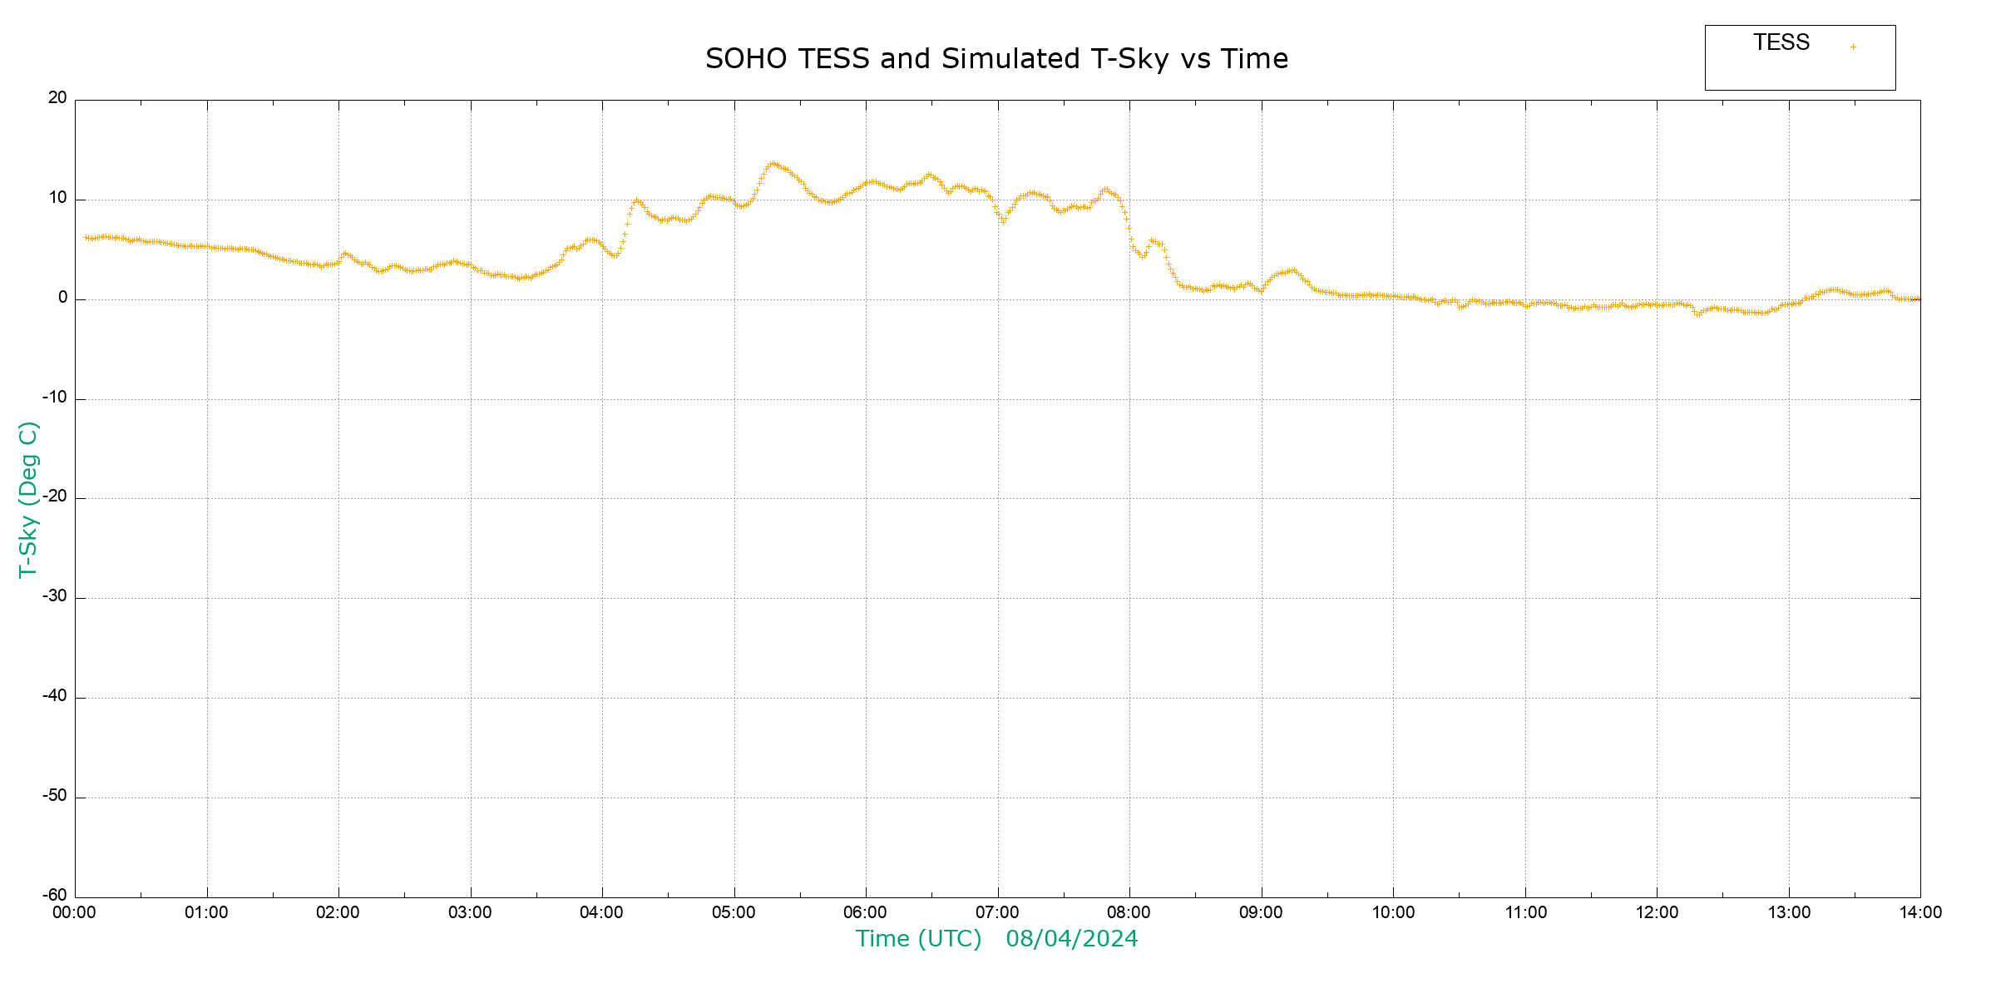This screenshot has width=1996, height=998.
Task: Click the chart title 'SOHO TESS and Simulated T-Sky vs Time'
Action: coord(996,59)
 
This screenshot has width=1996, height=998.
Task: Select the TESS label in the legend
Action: coord(1781,42)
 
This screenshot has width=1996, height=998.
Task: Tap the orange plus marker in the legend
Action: coord(1853,47)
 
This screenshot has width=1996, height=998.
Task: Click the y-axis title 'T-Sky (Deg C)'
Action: coord(28,499)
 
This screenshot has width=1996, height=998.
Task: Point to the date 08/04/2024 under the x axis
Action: coord(1071,939)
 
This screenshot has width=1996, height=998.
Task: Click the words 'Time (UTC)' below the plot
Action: coord(918,939)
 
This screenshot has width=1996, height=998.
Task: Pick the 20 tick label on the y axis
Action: coord(57,98)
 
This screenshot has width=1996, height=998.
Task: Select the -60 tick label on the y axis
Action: coord(55,896)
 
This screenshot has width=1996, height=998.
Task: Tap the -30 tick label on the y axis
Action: coord(55,596)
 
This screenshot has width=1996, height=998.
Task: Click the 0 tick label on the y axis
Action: coord(62,298)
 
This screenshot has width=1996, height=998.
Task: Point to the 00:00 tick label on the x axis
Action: coord(74,912)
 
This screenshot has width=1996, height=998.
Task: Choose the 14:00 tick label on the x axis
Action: coord(1920,912)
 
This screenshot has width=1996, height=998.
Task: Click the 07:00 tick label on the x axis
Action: coord(997,912)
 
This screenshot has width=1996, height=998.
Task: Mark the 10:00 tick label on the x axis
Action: coord(1393,912)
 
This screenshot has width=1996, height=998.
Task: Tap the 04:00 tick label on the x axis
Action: coord(601,912)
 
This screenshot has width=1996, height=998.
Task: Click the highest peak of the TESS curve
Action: coord(773,164)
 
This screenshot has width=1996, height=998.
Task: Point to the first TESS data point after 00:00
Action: coord(86,238)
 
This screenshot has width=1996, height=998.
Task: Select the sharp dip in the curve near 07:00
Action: coord(1003,221)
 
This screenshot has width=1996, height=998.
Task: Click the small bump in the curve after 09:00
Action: coord(1292,271)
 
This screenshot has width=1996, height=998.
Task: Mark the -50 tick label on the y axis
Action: coord(55,796)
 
